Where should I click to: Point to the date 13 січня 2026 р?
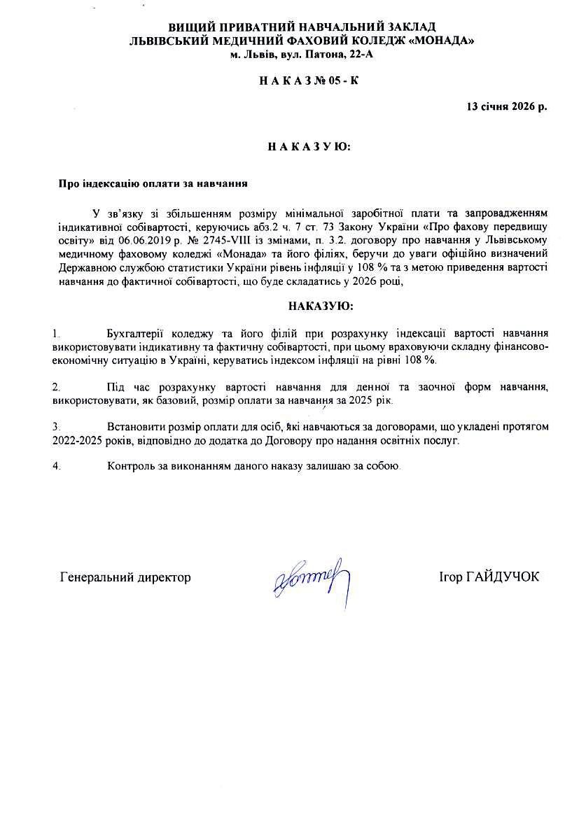pos(507,106)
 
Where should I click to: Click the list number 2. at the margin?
pos(56,387)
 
